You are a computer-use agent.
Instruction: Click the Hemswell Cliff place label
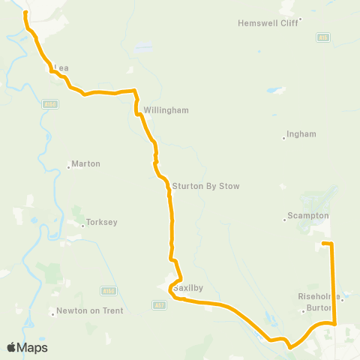pyautogui.click(x=268, y=23)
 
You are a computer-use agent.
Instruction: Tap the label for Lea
pyautogui.click(x=62, y=67)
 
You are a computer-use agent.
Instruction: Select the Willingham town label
pyautogui.click(x=167, y=109)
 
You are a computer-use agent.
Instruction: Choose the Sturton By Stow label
pyautogui.click(x=205, y=186)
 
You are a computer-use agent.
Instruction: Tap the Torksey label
pyautogui.click(x=101, y=222)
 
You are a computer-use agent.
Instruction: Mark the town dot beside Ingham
pyautogui.click(x=284, y=137)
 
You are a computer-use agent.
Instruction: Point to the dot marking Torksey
pyautogui.click(x=82, y=224)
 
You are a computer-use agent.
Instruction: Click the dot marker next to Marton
pyautogui.click(x=69, y=166)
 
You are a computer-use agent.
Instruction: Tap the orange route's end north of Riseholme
pyautogui.click(x=323, y=244)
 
